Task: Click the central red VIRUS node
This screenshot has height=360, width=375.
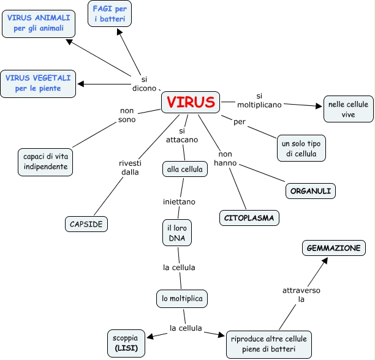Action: pyautogui.click(x=191, y=102)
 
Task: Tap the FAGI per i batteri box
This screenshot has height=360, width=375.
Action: pyautogui.click(x=110, y=13)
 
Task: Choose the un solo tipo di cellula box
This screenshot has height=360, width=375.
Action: pyautogui.click(x=300, y=148)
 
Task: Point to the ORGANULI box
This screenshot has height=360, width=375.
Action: pyautogui.click(x=311, y=191)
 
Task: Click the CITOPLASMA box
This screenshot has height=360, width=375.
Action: pyautogui.click(x=249, y=217)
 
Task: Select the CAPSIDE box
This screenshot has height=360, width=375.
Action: pyautogui.click(x=86, y=224)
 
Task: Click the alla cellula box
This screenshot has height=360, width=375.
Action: pyautogui.click(x=184, y=169)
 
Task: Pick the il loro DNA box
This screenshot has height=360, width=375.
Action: pyautogui.click(x=176, y=233)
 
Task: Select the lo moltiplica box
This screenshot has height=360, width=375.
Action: pyautogui.click(x=181, y=298)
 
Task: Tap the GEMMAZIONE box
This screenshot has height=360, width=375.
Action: pyautogui.click(x=334, y=248)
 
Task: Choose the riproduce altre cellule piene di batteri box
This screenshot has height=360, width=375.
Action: pyautogui.click(x=269, y=345)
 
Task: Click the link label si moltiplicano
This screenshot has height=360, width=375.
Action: pyautogui.click(x=259, y=100)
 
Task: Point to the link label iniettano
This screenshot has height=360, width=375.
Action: pyautogui.click(x=179, y=201)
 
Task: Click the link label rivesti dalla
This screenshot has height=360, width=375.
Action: pyautogui.click(x=129, y=167)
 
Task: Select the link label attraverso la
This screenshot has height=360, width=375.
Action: pyautogui.click(x=301, y=294)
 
